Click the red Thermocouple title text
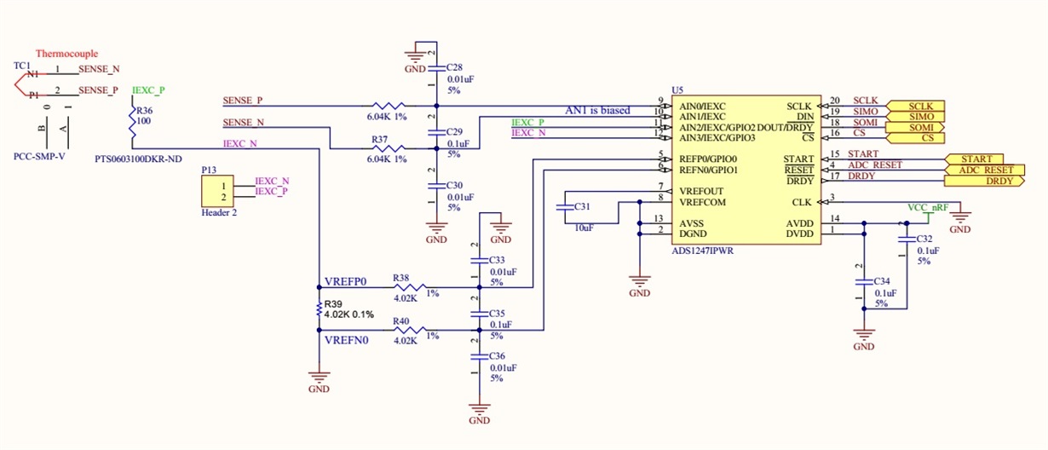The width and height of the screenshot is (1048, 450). tap(67, 54)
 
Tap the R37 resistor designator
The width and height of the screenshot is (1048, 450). tap(379, 140)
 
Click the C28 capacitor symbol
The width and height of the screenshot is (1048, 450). tap(436, 68)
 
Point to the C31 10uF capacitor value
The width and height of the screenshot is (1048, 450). tap(584, 228)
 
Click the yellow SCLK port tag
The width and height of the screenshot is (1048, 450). tap(915, 107)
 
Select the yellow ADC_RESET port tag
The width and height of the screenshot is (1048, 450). tap(984, 170)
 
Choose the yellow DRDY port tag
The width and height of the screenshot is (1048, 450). tap(984, 181)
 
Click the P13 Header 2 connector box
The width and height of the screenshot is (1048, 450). tap(217, 191)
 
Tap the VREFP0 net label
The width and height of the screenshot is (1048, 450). tap(346, 281)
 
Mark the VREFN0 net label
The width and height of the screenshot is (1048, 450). tap(346, 340)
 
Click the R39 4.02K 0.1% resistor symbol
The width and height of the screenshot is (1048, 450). tap(320, 309)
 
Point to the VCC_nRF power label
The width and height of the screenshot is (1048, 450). tap(928, 207)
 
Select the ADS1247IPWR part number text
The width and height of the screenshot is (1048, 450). tap(703, 251)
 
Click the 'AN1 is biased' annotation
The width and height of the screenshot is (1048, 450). tap(597, 111)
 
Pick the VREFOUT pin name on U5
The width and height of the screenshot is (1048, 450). tap(701, 191)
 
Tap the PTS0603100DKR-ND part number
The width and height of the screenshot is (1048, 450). tap(139, 159)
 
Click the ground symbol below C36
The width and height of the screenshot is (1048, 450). tap(480, 409)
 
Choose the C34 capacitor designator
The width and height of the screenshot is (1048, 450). tap(882, 281)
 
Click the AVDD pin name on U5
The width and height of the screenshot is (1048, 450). tap(799, 223)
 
